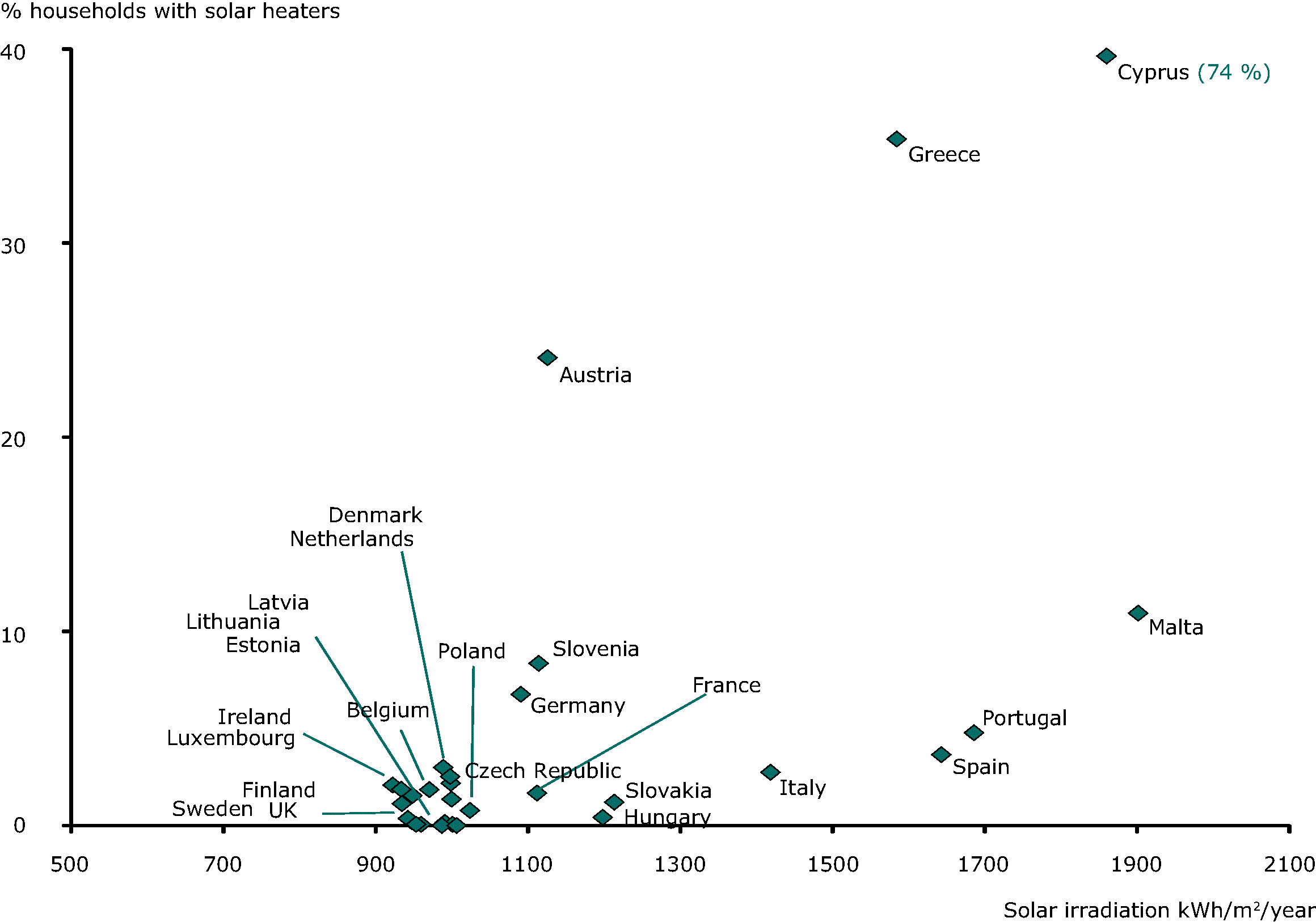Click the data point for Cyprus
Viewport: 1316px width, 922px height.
pyautogui.click(x=1106, y=56)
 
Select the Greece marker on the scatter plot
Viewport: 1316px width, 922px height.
pyautogui.click(x=896, y=139)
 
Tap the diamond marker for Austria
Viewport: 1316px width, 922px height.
pyautogui.click(x=547, y=358)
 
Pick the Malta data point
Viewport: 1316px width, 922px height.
pyautogui.click(x=1137, y=613)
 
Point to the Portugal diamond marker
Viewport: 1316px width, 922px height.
pyautogui.click(x=973, y=733)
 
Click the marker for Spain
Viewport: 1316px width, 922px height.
pyautogui.click(x=940, y=755)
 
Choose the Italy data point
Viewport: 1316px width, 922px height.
pyautogui.click(x=770, y=772)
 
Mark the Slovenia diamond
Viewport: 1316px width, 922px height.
pyautogui.click(x=538, y=663)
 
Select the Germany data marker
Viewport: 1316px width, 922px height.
pyautogui.click(x=520, y=695)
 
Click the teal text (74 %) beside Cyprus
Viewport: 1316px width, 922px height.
pyautogui.click(x=1233, y=72)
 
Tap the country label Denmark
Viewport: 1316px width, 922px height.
pyautogui.click(x=375, y=515)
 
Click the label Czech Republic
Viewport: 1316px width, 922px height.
pyautogui.click(x=542, y=771)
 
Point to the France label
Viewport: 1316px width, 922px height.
pyautogui.click(x=726, y=686)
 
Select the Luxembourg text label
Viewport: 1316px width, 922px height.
pyautogui.click(x=230, y=738)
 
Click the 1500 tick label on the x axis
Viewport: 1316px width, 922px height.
pyautogui.click(x=832, y=864)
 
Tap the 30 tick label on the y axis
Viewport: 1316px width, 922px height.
pyautogui.click(x=13, y=247)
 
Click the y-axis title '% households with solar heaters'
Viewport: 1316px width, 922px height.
pyautogui.click(x=170, y=11)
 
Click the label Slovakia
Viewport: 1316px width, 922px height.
pyautogui.click(x=668, y=791)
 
